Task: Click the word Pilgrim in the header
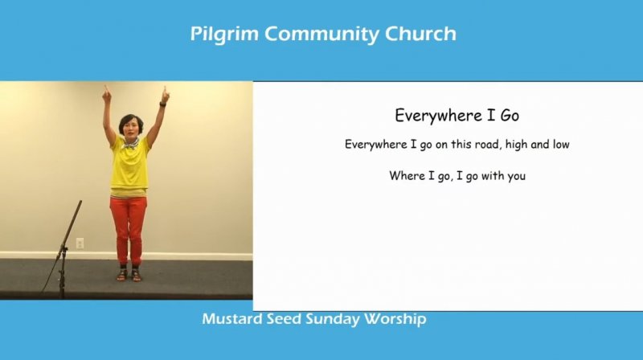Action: (x=224, y=35)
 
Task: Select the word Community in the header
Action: (x=321, y=35)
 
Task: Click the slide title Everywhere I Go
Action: (x=457, y=116)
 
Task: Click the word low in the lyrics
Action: (x=560, y=145)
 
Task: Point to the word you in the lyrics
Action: (x=516, y=177)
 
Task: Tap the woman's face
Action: (x=130, y=128)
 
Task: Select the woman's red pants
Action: (x=129, y=230)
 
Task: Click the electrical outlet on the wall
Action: (x=80, y=243)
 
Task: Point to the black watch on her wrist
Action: (x=163, y=104)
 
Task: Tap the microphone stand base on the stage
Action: (x=62, y=283)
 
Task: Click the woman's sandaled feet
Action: (x=129, y=275)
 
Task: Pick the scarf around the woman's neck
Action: (x=130, y=143)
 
